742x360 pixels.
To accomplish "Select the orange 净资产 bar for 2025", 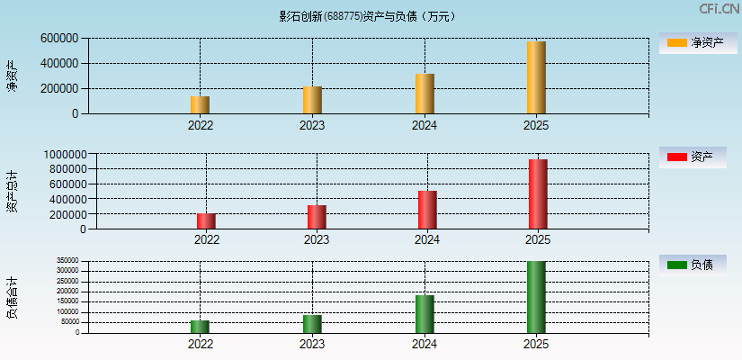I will point(536,77).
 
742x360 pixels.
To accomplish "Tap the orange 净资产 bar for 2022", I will point(200,104).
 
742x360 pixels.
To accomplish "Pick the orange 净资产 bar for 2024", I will point(425,94).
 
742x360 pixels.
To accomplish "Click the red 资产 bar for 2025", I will point(538,193).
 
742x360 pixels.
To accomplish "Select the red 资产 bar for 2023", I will point(317,217).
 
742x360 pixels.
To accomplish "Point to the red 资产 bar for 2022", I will point(206,220).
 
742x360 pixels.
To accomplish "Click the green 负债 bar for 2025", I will point(536,297).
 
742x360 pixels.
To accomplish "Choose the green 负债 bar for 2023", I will point(312,323).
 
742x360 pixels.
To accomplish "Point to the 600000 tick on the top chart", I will point(58,39).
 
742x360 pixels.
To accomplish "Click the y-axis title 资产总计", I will point(13,191).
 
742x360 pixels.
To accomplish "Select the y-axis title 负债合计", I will point(13,298).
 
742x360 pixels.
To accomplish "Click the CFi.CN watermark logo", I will point(719,9).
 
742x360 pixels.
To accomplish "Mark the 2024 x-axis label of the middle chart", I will point(427,240).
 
